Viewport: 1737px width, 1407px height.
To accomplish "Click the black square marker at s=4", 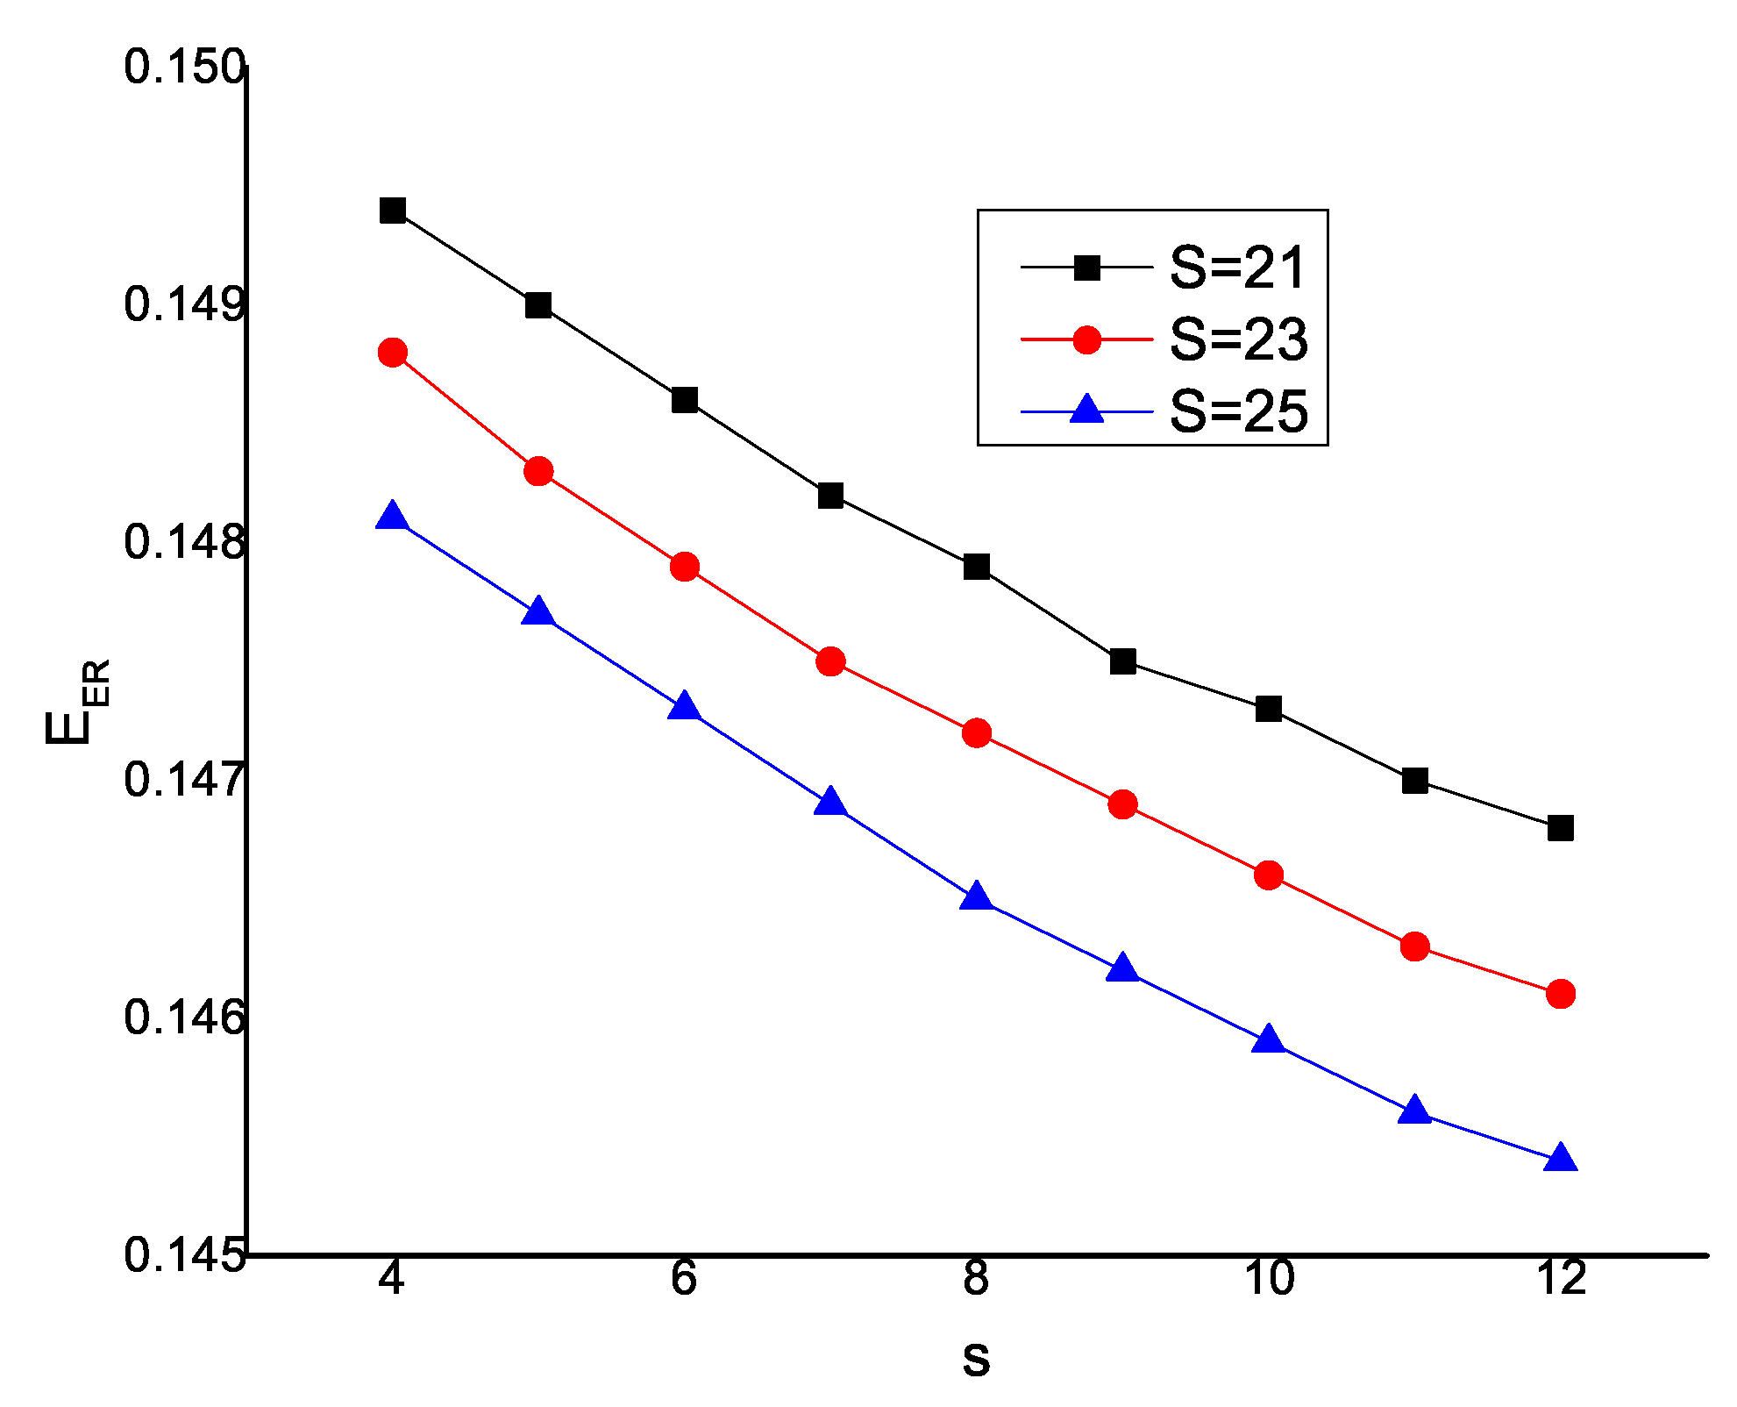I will (393, 211).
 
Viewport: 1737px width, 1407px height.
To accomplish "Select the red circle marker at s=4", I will (393, 354).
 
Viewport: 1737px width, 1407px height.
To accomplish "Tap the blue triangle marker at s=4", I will (393, 517).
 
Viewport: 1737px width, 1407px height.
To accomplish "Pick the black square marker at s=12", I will (1561, 827).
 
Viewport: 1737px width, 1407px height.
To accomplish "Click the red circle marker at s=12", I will (1561, 994).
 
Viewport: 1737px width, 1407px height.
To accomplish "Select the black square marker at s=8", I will (977, 567).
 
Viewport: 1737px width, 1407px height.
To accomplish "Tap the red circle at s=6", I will (685, 567).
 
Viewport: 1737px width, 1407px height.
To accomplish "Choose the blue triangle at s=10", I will (1269, 1041).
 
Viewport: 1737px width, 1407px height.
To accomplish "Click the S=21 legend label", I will (1238, 268).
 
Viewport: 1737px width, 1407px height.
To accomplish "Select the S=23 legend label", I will (1238, 339).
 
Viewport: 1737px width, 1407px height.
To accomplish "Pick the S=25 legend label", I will (1238, 411).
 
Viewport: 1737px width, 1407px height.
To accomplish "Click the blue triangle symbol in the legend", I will (1087, 410).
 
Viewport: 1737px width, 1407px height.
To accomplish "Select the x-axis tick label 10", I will (1269, 1278).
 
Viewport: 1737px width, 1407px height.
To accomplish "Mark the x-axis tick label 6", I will (684, 1278).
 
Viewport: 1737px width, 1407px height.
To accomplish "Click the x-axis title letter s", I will (976, 1359).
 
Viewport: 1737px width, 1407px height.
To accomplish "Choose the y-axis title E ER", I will (77, 702).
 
